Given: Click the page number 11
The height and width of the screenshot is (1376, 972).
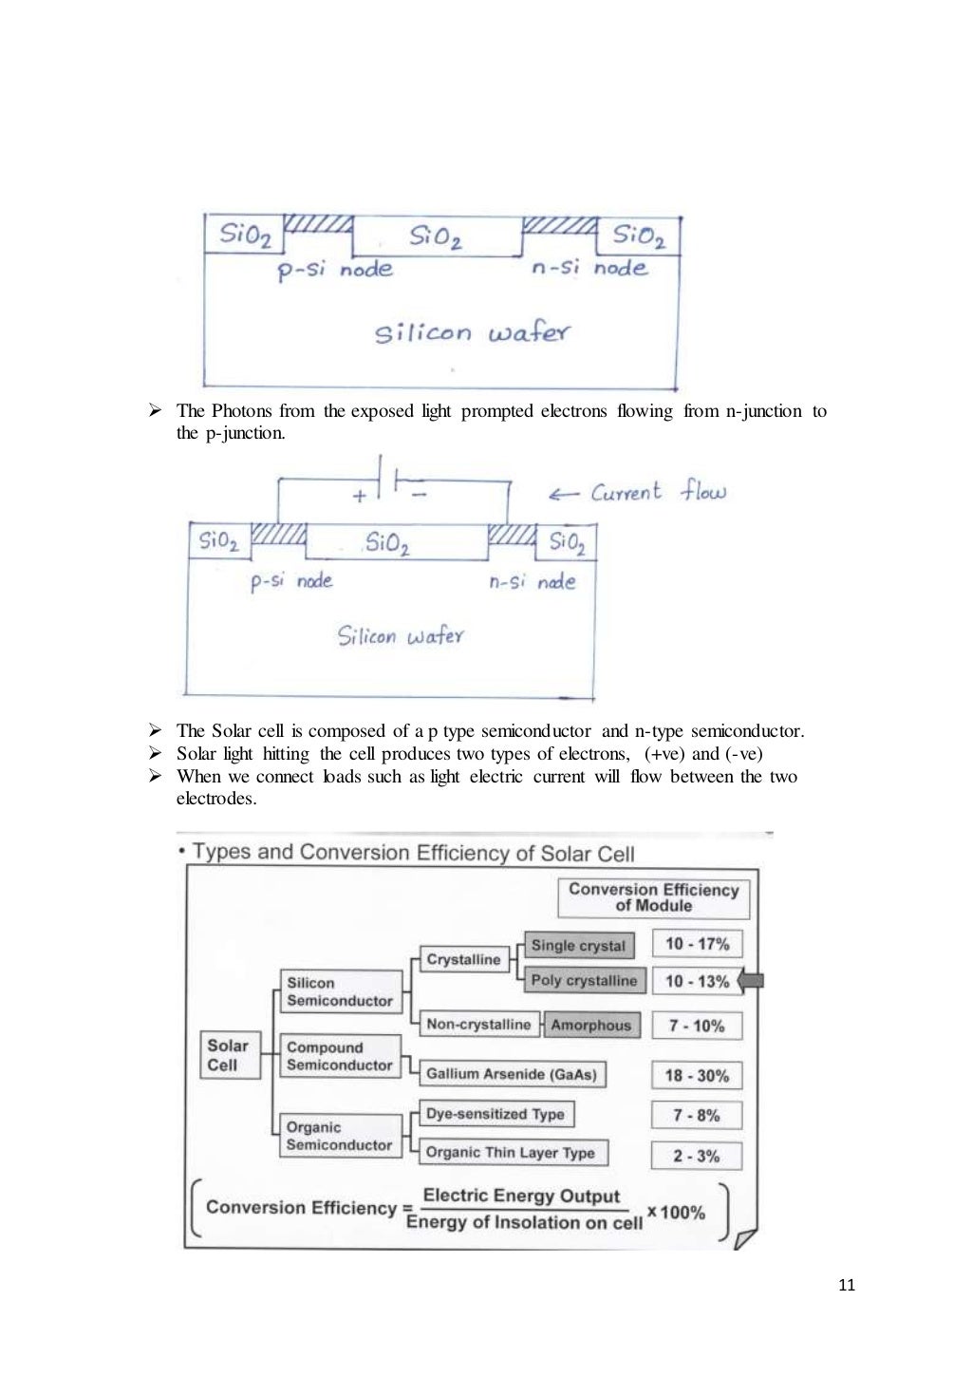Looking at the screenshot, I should [x=847, y=1285].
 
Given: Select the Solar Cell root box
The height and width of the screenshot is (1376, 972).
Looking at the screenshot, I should [x=229, y=1055].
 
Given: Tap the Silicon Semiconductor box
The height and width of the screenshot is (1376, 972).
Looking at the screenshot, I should [x=340, y=991].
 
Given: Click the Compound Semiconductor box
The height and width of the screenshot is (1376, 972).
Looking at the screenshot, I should [x=340, y=1056].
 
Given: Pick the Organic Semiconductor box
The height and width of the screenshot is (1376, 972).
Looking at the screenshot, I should [x=340, y=1136].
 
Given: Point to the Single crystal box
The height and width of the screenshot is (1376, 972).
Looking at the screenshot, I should [x=578, y=946].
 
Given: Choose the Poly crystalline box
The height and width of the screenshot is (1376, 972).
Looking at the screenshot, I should [x=584, y=980].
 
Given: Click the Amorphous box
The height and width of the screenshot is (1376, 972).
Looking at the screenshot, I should [x=590, y=1025].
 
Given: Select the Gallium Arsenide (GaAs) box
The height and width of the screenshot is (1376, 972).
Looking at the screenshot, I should [x=512, y=1074].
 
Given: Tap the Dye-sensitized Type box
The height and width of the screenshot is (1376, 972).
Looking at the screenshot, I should [x=495, y=1114].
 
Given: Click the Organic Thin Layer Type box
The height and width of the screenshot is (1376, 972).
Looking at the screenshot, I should [x=511, y=1153].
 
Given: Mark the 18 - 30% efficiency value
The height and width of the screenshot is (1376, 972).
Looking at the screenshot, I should [x=697, y=1075].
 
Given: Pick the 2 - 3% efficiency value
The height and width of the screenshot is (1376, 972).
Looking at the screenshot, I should [x=697, y=1156].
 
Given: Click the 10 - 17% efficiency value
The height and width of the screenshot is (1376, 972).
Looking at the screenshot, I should [x=697, y=944].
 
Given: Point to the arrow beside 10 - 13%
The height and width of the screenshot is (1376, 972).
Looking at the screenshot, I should [x=751, y=980].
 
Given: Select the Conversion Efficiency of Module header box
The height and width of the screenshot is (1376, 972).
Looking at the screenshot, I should [x=653, y=897].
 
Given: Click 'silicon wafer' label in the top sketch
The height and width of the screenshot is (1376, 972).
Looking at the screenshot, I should [x=472, y=332].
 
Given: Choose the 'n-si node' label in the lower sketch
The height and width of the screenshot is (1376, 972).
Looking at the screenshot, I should [x=532, y=582].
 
